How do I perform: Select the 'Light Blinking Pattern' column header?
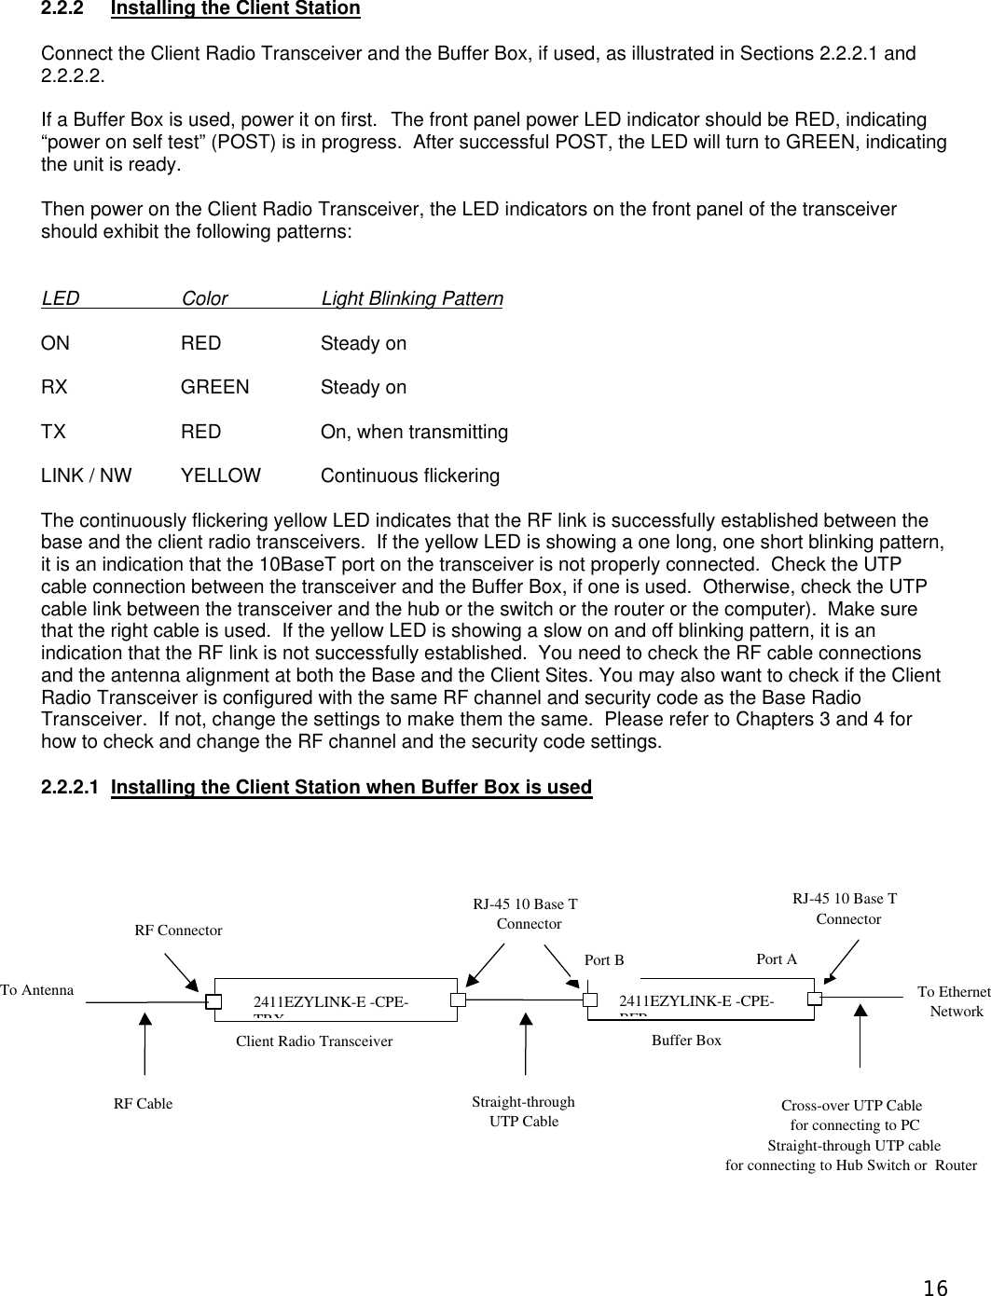point(411,299)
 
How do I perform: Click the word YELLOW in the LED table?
point(221,476)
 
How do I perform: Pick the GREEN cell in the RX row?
point(214,387)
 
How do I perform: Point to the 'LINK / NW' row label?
point(86,476)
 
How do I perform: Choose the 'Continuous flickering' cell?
point(409,476)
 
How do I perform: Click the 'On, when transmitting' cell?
point(414,432)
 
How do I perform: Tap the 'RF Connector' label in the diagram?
point(178,931)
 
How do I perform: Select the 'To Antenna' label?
point(36,990)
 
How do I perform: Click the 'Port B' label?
point(603,960)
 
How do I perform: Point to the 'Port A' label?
point(776,958)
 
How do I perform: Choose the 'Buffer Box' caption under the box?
point(686,1040)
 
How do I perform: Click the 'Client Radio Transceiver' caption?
point(314,1041)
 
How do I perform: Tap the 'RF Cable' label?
point(143,1104)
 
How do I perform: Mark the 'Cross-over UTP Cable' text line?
point(851,1106)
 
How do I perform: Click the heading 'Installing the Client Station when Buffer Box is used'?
point(351,788)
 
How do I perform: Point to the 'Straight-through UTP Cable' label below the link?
point(524,1111)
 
